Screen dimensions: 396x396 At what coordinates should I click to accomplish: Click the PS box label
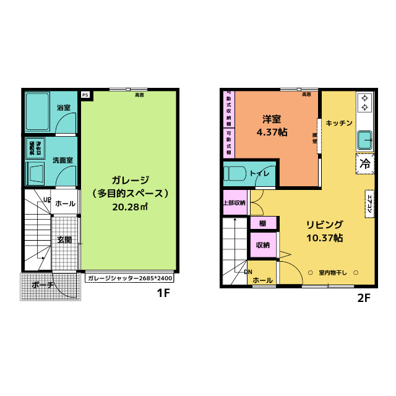pos(85,95)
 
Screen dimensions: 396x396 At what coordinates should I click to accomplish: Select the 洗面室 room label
pos(62,160)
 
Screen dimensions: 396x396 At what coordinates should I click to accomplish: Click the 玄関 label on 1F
pos(64,239)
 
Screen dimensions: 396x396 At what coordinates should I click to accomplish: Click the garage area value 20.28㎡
pos(129,206)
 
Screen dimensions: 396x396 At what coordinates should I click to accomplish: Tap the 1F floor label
pos(162,294)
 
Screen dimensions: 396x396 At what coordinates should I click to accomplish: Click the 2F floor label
pos(363,298)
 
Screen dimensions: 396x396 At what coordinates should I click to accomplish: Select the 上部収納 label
pos(234,202)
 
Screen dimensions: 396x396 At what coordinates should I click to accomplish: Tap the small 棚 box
pos(262,223)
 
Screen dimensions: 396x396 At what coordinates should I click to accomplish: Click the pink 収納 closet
pos(262,245)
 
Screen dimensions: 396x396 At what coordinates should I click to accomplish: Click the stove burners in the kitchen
pos(364,102)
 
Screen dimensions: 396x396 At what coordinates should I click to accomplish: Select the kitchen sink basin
pos(364,139)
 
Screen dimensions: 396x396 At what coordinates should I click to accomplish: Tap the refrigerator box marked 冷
pos(365,164)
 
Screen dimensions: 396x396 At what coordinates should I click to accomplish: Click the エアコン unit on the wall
pos(369,202)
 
